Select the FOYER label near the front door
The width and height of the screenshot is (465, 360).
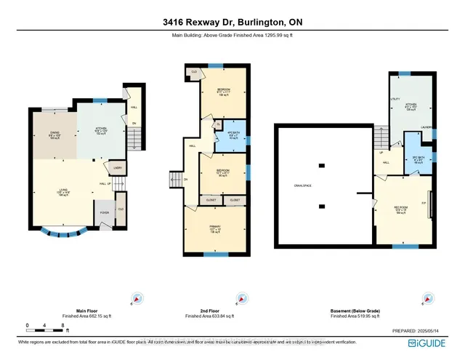point(105,215)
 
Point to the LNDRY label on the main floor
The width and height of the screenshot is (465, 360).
point(117,169)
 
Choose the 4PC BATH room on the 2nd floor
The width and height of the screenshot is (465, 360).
point(234,134)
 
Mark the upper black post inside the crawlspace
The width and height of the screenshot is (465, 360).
point(321,162)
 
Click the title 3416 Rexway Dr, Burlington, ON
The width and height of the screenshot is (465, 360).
point(232,23)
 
